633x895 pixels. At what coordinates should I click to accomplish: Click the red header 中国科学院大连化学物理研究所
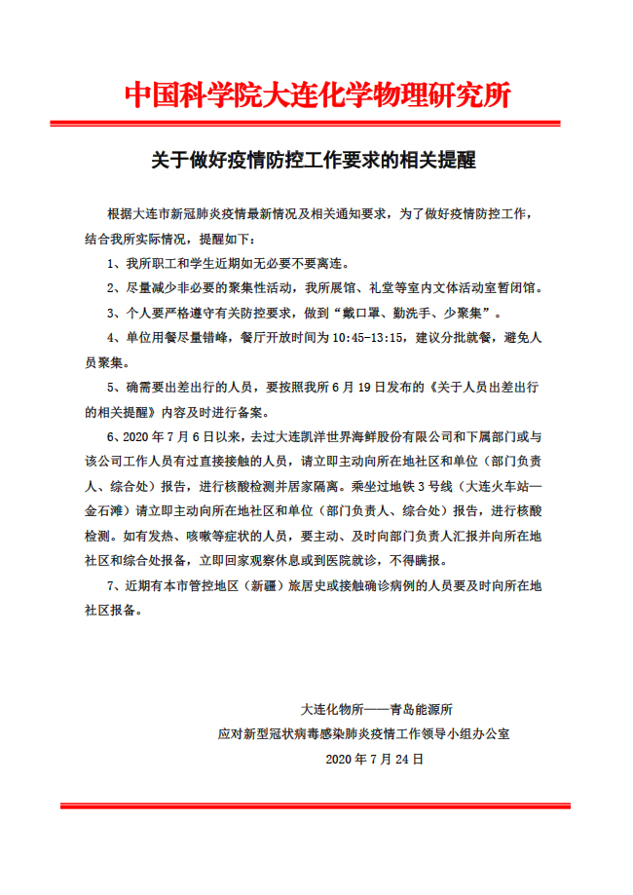[x=316, y=96]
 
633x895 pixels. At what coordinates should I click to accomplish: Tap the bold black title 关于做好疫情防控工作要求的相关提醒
[x=314, y=160]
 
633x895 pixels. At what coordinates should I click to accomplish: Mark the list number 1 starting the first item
[x=111, y=263]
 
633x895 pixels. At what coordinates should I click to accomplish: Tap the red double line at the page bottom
[x=316, y=805]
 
